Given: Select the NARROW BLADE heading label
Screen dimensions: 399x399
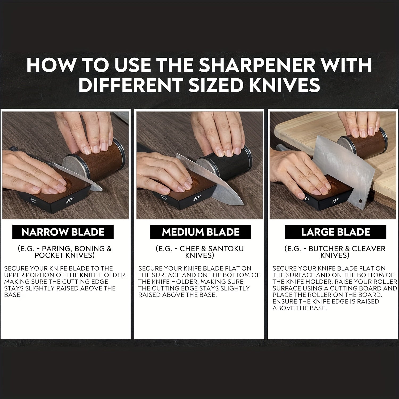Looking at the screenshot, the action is [x=63, y=232].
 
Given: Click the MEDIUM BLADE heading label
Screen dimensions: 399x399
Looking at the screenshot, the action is [x=201, y=232].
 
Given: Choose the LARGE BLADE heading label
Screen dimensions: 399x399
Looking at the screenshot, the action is [x=335, y=232].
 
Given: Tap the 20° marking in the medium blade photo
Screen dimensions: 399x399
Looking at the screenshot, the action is [x=197, y=198].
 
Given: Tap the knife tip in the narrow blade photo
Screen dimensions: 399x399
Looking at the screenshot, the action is [x=102, y=190].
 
